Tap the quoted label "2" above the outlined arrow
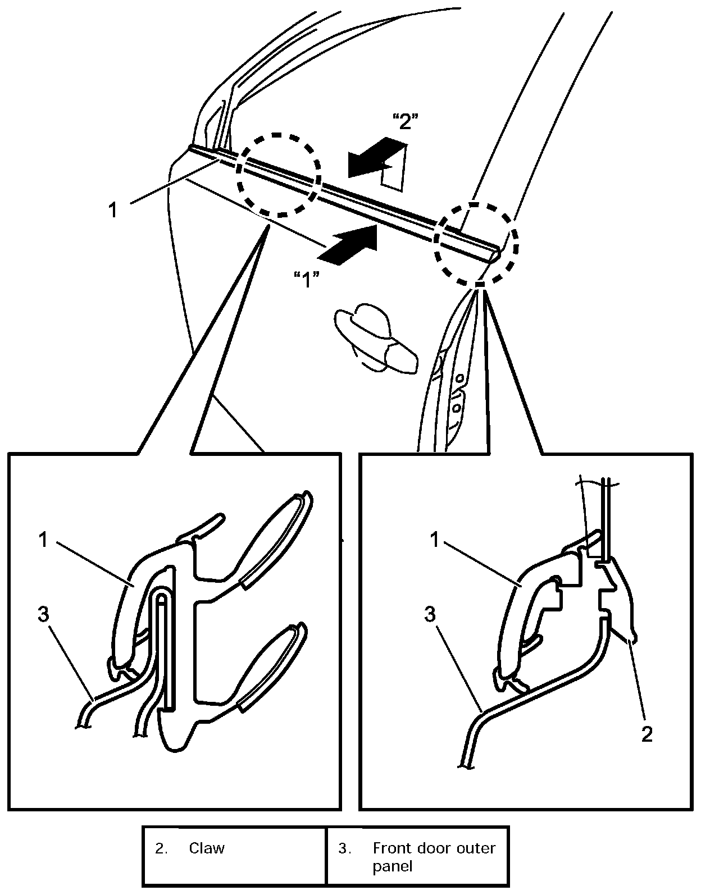point(405,121)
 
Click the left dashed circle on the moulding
point(278,175)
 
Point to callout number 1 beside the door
point(113,210)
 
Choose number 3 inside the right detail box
point(430,615)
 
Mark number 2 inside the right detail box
point(647,734)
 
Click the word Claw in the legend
point(206,848)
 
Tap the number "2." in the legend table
point(161,848)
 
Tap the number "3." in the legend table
point(344,848)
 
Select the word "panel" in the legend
point(392,866)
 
